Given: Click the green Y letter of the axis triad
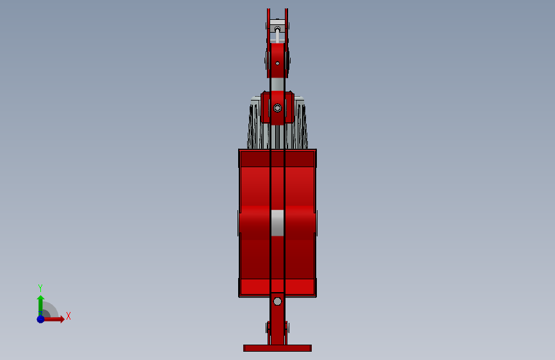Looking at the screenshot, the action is (40, 288).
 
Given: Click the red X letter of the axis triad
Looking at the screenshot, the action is (68, 316).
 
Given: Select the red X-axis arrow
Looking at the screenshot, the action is (53, 319).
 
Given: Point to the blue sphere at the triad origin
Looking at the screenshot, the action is (41, 319).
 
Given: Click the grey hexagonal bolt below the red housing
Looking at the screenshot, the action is (278, 302).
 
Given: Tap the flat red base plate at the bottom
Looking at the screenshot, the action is (278, 348).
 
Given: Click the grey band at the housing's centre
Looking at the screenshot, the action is (278, 223).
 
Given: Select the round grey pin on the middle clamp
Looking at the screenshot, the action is (278, 108).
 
